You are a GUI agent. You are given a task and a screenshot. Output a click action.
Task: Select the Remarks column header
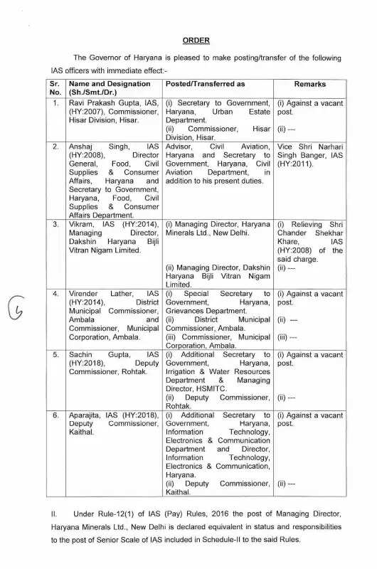[x=309, y=84]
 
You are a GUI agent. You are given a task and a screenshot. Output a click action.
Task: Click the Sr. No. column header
[x=55, y=88]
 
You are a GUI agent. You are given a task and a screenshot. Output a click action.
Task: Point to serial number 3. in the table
[x=55, y=224]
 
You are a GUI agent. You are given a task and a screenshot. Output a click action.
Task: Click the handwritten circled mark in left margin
[x=17, y=312]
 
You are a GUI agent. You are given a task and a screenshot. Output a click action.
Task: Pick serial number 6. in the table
[x=55, y=415]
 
